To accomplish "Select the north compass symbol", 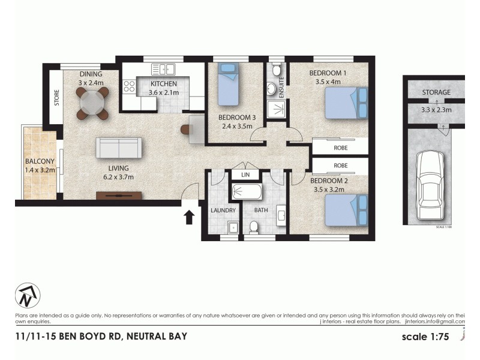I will coord(28,295).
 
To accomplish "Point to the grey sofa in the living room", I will coord(119,148).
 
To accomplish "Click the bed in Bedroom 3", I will coord(228,85).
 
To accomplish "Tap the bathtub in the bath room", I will coord(246,192).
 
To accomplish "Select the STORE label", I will coord(56,98).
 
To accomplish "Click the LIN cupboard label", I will coord(245,174).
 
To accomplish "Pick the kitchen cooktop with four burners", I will coord(129,86).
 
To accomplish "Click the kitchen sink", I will coord(162,69).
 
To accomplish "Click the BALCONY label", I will coord(40,161).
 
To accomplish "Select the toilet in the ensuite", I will coord(277,71).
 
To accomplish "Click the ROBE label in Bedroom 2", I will coord(341,165).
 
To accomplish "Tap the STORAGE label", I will coord(436,92).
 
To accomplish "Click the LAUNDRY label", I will coord(223,211).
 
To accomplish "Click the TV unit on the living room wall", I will coord(119,196).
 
